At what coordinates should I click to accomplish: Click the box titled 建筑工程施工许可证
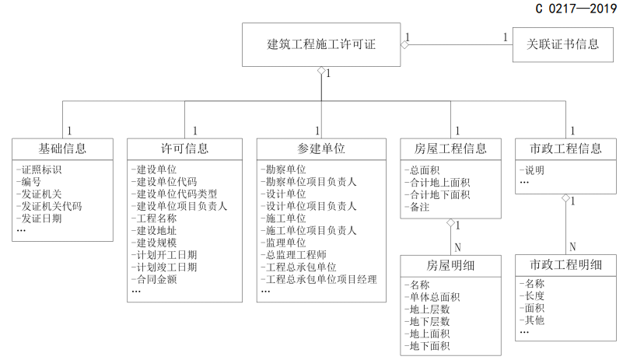tap(321, 44)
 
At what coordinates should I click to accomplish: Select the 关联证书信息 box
tap(562, 44)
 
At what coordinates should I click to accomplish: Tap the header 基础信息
tap(62, 149)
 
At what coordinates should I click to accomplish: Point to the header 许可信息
tap(184, 149)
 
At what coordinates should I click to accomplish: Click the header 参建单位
tap(321, 149)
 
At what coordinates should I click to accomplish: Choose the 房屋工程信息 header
tap(450, 149)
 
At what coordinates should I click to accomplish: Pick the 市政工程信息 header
tap(565, 149)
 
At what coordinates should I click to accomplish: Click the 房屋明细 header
tap(450, 265)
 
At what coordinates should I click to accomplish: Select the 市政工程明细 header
tap(565, 264)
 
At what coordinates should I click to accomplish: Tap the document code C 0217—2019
tap(576, 9)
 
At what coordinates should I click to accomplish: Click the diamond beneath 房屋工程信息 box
tap(450, 222)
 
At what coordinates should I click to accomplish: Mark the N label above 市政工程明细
tap(572, 246)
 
